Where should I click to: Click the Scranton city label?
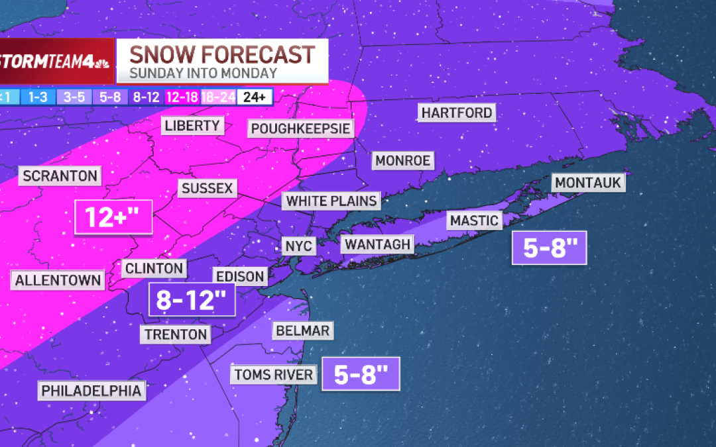click(x=60, y=176)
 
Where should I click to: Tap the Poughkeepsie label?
click(x=300, y=128)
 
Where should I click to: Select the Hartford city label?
click(x=457, y=113)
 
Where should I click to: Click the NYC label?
click(x=298, y=246)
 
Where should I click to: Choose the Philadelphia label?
click(x=91, y=391)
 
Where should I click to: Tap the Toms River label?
click(x=273, y=375)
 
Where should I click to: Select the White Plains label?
click(x=331, y=201)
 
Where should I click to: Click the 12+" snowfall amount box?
click(x=113, y=217)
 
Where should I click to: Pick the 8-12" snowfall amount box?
click(x=192, y=300)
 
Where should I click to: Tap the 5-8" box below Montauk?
click(x=549, y=248)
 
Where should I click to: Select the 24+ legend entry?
click(x=255, y=97)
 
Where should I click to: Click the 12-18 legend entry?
click(x=182, y=97)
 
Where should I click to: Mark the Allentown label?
click(x=58, y=280)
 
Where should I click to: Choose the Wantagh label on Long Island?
click(x=377, y=244)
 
